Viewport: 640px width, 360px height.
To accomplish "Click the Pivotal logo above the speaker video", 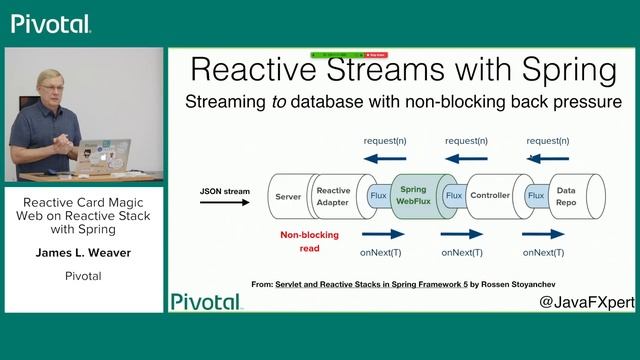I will (x=51, y=23).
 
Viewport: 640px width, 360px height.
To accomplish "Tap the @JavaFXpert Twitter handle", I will (x=586, y=301).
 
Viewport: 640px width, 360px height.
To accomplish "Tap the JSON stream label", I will (x=224, y=190).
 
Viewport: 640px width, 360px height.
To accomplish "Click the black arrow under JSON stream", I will (x=224, y=203).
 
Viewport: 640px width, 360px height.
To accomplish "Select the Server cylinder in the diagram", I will (x=288, y=196).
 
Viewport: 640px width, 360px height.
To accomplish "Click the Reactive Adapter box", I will (x=333, y=196).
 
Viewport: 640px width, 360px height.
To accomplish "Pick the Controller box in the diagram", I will (x=490, y=196).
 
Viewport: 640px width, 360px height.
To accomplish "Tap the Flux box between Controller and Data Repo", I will (x=537, y=196).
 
